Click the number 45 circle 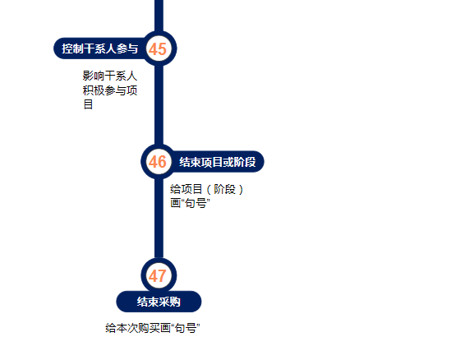click(x=159, y=48)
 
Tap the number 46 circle click(x=159, y=162)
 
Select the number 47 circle click(x=159, y=275)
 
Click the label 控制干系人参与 click(x=100, y=48)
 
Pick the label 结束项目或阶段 click(x=218, y=162)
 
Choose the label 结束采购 click(x=159, y=302)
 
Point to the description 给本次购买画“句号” click(x=153, y=328)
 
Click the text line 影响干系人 click(x=110, y=76)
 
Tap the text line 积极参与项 click(x=110, y=90)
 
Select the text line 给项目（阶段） click(x=207, y=189)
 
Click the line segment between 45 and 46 click(x=159, y=105)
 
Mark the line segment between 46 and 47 click(x=159, y=219)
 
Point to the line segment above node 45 click(x=159, y=16)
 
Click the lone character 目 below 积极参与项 click(x=88, y=104)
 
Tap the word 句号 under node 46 click(x=196, y=204)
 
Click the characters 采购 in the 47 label click(x=169, y=302)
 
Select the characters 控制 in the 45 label click(x=72, y=48)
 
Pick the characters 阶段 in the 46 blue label click(x=245, y=162)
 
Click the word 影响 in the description click(x=94, y=76)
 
